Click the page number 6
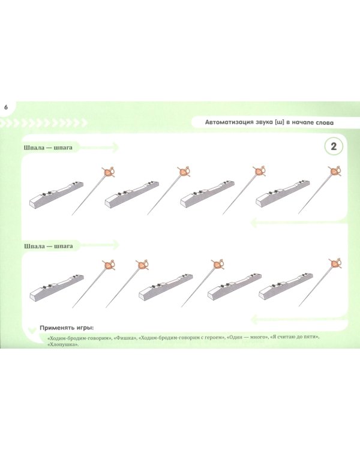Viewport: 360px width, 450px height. coord(6,107)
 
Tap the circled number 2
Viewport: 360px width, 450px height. coord(334,146)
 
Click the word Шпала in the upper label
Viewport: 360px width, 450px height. coord(34,148)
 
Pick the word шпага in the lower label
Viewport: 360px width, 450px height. coord(64,246)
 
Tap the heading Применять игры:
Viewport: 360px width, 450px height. coord(67,328)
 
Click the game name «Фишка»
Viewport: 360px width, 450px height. coord(125,338)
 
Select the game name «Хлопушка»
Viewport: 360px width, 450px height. coord(62,344)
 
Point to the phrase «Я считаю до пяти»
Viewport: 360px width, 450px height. coord(294,337)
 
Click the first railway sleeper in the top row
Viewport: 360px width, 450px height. coord(56,194)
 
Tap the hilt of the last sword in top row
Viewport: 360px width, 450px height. coord(335,172)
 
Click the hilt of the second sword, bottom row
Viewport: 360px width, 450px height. coord(142,265)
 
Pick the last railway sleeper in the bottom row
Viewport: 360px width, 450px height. coord(286,286)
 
